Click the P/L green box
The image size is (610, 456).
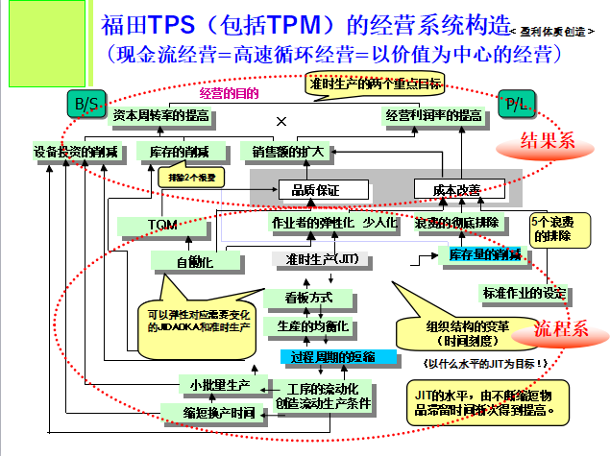click(x=515, y=103)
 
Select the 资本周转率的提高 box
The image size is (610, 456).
click(x=160, y=115)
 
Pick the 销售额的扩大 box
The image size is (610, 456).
click(x=288, y=151)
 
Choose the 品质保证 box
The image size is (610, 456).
click(x=316, y=189)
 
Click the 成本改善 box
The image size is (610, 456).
click(x=449, y=189)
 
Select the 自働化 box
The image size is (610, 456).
click(x=193, y=260)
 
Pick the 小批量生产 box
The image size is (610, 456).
click(x=217, y=385)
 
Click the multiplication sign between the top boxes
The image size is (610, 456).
click(x=281, y=122)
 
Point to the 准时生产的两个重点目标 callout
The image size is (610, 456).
click(x=377, y=84)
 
